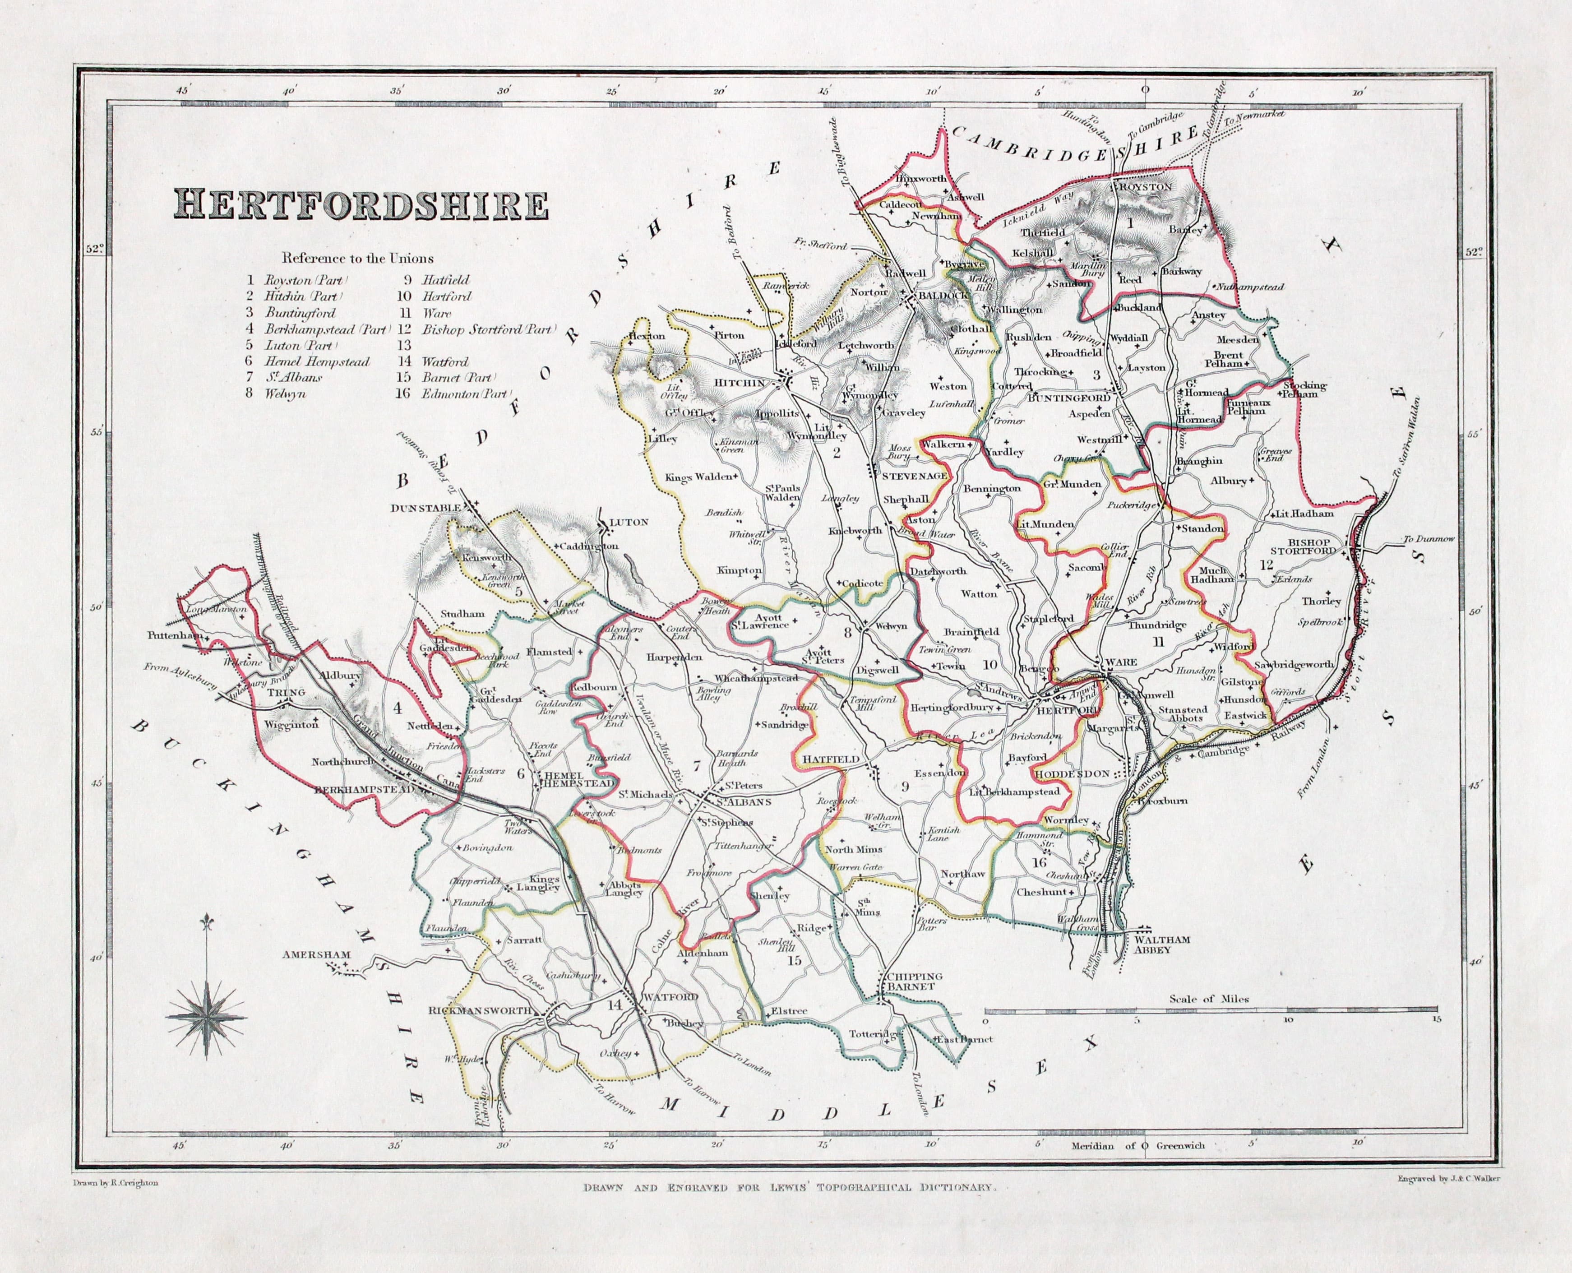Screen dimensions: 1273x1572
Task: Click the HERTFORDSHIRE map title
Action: (360, 206)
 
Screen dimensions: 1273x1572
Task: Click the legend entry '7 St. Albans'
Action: (284, 378)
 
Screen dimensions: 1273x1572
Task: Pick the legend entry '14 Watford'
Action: (439, 361)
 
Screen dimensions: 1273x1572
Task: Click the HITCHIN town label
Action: (741, 383)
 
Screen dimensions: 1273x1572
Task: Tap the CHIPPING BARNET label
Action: (911, 981)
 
